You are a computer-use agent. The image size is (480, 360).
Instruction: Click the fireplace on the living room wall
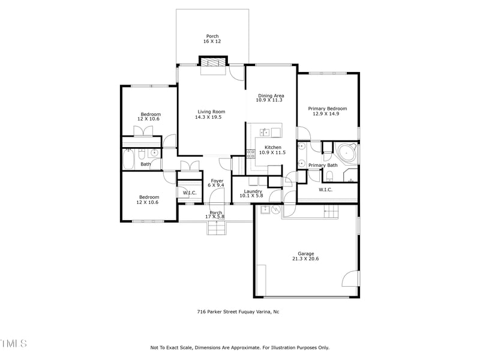(214, 63)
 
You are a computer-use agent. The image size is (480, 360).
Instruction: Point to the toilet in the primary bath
(330, 175)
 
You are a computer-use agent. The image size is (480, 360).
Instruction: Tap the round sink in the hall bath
(154, 153)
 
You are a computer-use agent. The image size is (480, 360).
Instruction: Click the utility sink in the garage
(264, 209)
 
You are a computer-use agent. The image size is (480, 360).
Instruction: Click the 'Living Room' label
(210, 112)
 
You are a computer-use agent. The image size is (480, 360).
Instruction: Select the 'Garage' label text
(306, 254)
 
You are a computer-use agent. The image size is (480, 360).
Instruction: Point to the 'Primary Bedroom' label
(328, 109)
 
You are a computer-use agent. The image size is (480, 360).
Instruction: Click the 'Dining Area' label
(271, 96)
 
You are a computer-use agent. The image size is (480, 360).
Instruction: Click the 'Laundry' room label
(253, 191)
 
